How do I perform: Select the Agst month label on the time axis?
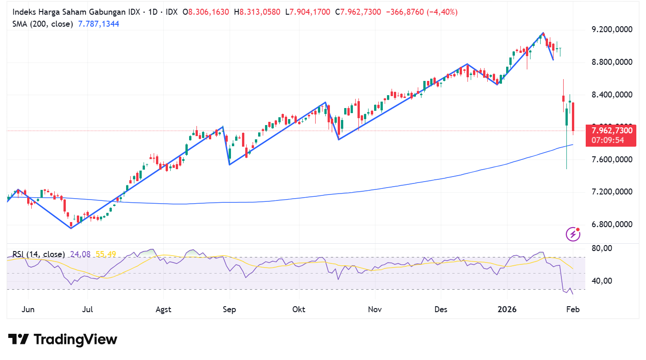[163, 309]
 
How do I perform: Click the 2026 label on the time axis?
[507, 309]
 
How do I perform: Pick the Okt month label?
[299, 309]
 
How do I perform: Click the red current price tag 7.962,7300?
[611, 131]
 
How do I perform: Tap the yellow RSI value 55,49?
[106, 254]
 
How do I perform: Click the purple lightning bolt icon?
[573, 234]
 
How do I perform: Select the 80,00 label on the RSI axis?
[602, 249]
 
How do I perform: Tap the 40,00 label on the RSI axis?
[602, 281]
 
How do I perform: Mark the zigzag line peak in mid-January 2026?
[543, 33]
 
